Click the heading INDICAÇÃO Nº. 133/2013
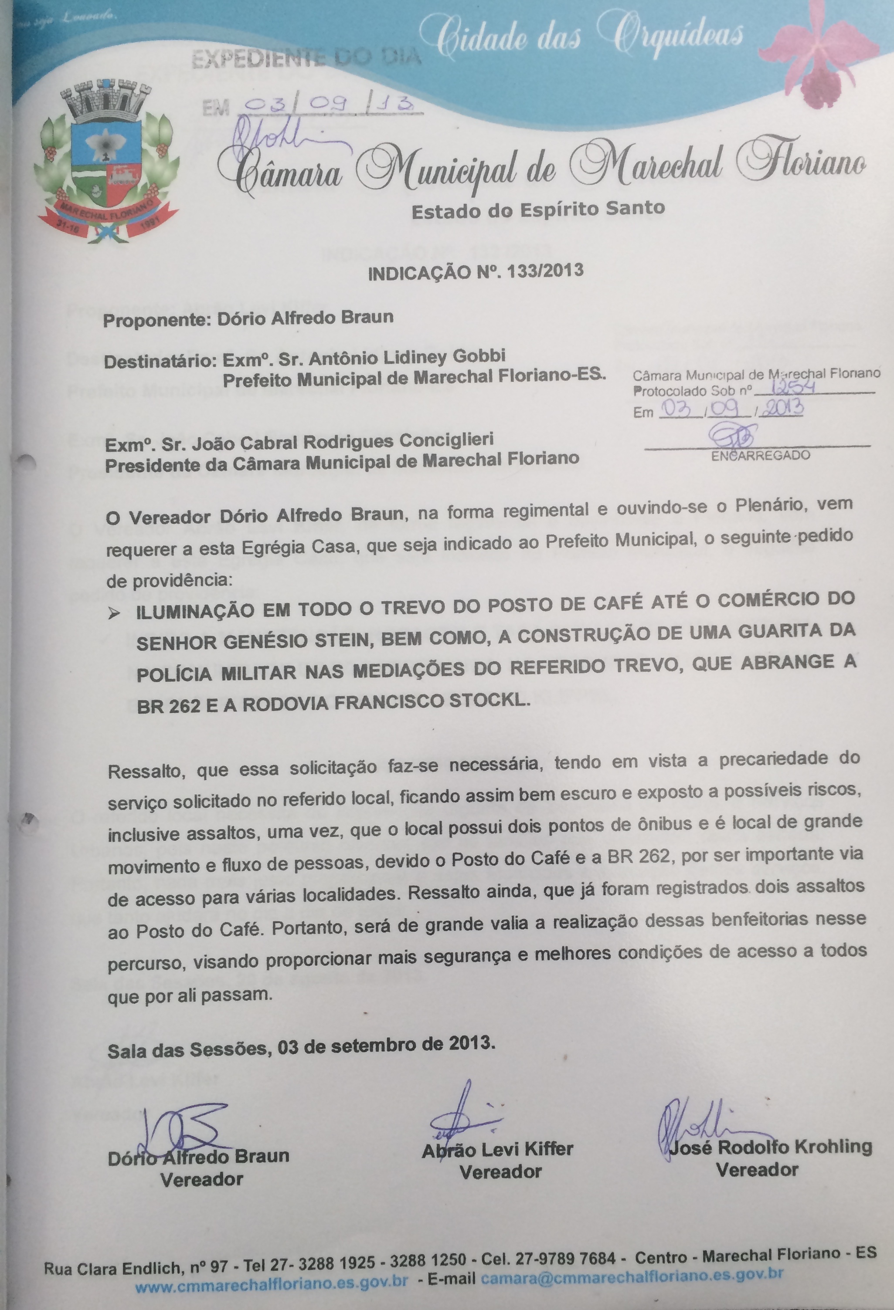(x=476, y=273)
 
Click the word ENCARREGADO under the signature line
(x=760, y=455)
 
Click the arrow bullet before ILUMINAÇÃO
(x=115, y=614)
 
